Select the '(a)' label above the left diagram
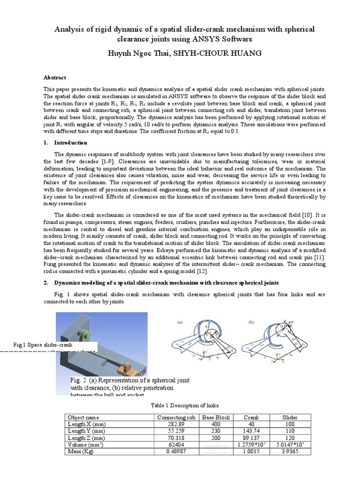point(180,322)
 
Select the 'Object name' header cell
point(83,417)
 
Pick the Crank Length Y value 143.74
point(251,430)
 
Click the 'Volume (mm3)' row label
point(87,444)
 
